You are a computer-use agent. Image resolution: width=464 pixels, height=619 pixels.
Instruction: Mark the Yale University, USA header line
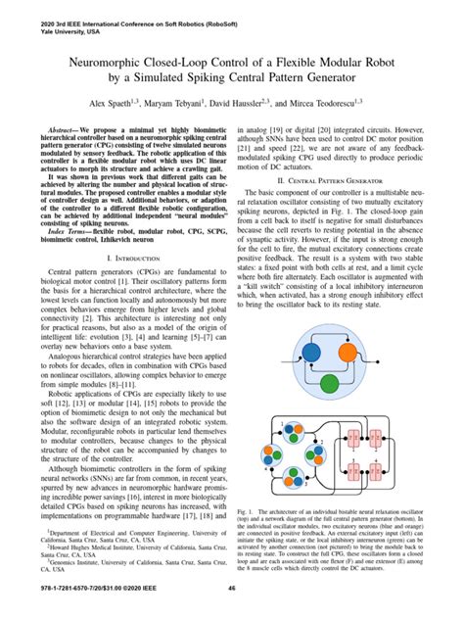(43, 26)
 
